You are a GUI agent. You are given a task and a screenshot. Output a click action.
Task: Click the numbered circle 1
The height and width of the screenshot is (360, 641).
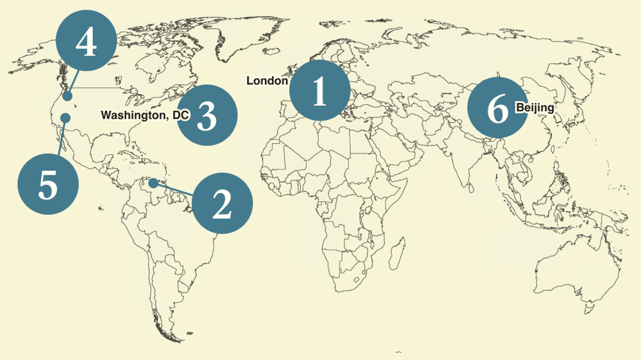(319, 90)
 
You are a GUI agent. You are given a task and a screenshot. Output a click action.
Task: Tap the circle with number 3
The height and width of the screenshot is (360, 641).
(207, 115)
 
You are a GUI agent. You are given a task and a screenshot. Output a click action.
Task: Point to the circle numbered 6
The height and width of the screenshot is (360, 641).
(497, 107)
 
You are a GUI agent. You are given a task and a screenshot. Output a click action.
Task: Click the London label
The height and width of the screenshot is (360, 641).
(267, 81)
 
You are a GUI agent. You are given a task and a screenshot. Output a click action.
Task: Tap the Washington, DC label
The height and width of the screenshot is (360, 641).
(145, 115)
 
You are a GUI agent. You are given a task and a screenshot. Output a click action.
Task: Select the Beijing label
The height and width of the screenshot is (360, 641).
(535, 107)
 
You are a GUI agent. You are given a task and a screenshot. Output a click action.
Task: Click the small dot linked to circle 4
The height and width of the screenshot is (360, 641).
(67, 97)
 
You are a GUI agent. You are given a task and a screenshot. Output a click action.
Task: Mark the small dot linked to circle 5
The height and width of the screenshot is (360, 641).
(65, 117)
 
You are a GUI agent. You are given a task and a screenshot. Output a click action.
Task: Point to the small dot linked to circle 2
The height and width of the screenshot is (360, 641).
(153, 183)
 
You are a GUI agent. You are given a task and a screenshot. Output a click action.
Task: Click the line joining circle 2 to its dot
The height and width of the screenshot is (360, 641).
(174, 190)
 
